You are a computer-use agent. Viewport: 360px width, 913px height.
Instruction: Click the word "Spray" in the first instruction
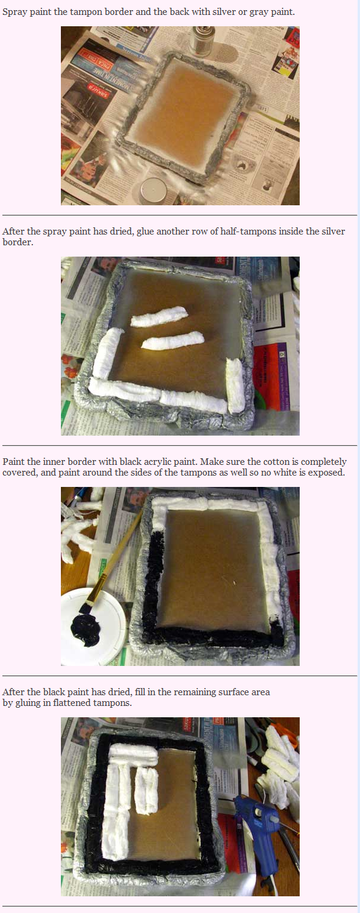pos(15,12)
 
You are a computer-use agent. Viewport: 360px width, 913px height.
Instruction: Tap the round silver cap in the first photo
pos(152,191)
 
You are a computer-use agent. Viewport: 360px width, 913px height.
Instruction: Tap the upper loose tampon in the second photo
pos(159,316)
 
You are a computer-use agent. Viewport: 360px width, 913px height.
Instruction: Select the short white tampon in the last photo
pos(146,791)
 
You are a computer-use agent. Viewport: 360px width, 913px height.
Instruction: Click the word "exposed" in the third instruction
pos(330,473)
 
